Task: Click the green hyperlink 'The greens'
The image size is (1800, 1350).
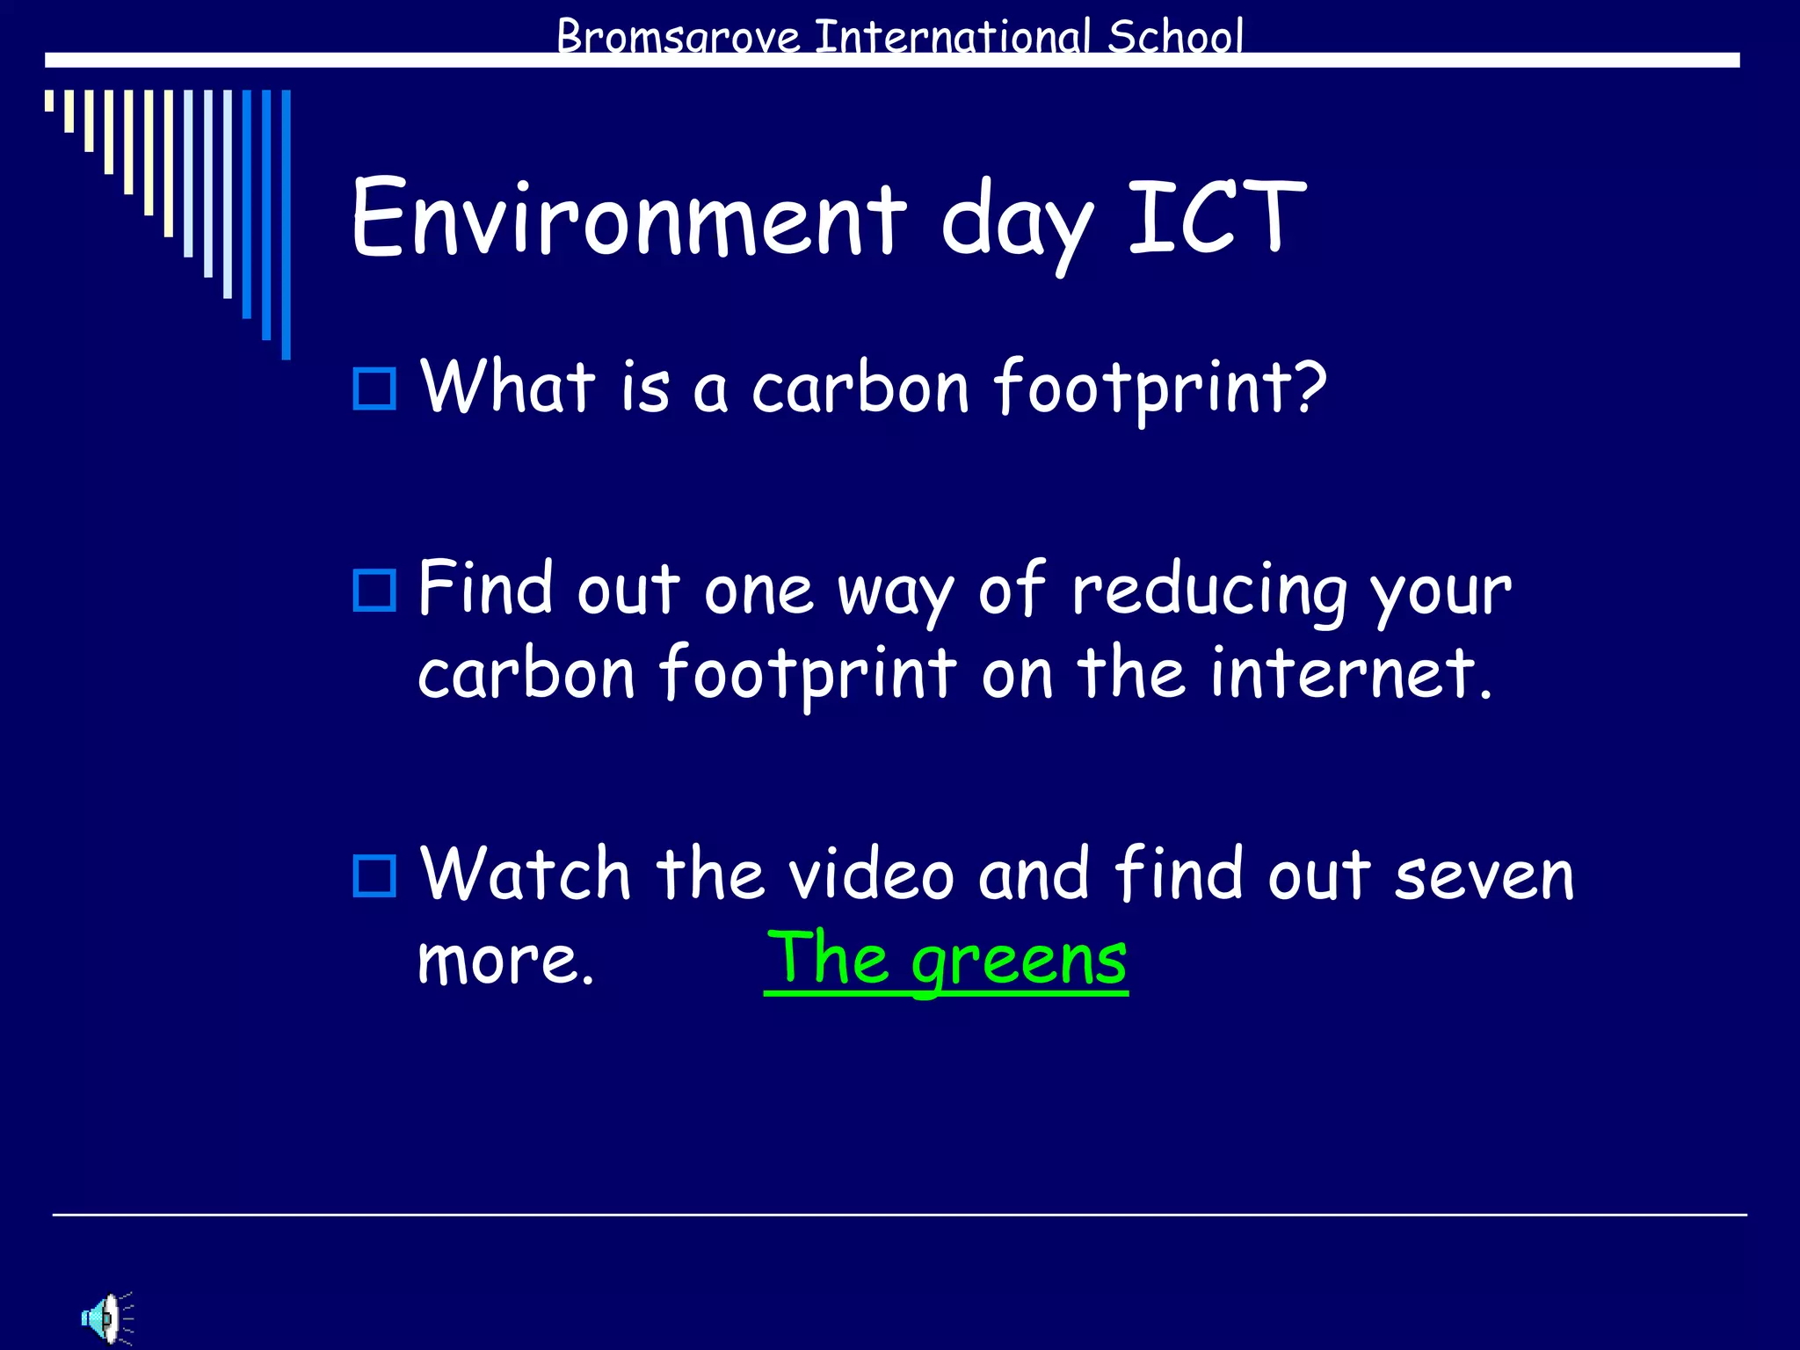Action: point(946,960)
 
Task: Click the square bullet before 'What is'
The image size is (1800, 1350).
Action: point(374,388)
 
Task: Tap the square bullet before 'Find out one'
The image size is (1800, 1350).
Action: point(374,591)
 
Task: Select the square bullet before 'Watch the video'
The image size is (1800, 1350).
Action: point(374,875)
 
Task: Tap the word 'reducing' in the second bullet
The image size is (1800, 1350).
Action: point(1208,592)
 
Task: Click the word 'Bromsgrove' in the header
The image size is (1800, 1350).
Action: point(678,38)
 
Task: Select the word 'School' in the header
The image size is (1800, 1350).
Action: point(1175,37)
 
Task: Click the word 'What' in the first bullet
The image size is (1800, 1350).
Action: point(508,387)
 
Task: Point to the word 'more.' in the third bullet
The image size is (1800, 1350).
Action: point(505,961)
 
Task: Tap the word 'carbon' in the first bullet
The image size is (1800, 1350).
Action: point(860,388)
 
